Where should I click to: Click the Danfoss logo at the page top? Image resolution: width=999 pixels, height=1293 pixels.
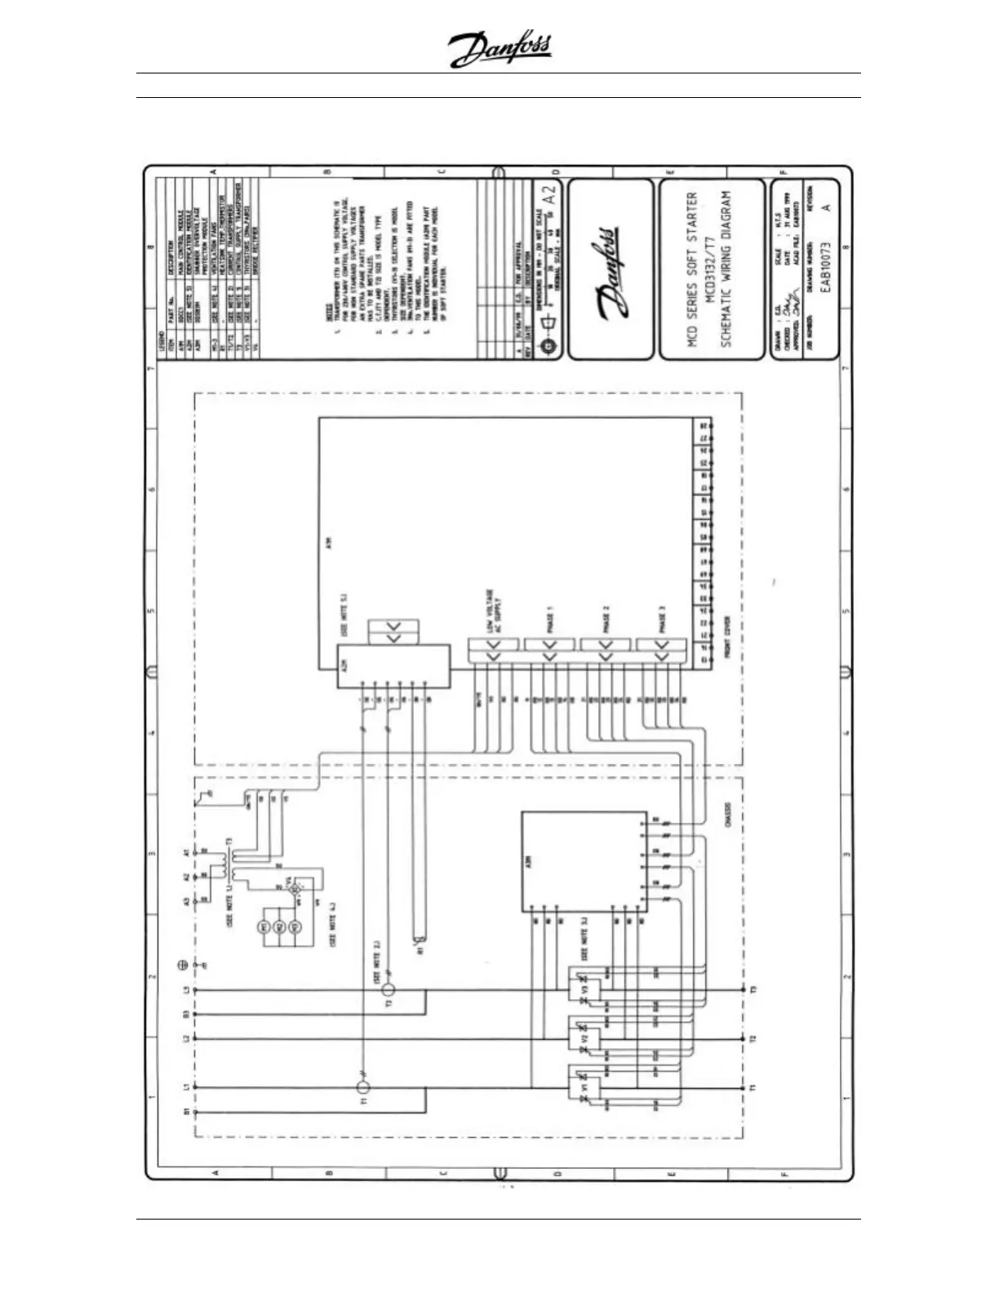pos(499,51)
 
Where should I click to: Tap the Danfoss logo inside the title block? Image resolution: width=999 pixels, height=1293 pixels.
pos(610,269)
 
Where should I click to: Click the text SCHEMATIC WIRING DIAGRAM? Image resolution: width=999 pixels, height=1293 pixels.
pos(727,269)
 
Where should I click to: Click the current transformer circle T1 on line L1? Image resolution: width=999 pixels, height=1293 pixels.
pos(364,1087)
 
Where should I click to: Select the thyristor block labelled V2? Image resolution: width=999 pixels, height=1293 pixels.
pos(584,1039)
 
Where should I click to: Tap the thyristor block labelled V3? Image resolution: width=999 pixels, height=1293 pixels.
pos(584,989)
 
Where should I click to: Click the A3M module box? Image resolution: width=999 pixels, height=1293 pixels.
pos(584,861)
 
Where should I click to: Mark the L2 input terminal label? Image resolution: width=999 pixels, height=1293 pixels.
pos(186,1038)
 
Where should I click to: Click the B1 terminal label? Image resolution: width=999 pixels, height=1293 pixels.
pos(186,1112)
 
